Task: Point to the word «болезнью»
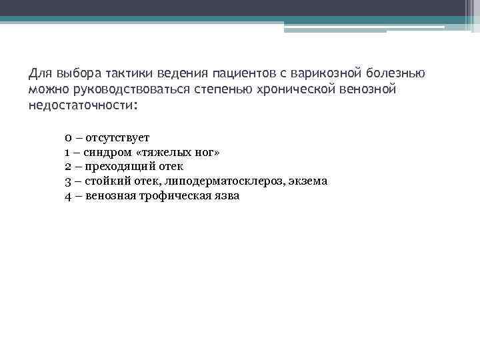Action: point(401,72)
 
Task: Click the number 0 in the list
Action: point(69,138)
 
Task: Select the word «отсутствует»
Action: point(117,138)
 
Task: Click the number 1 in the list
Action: point(68,153)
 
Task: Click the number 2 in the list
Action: point(69,167)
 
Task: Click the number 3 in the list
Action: point(69,181)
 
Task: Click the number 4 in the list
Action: point(69,196)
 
